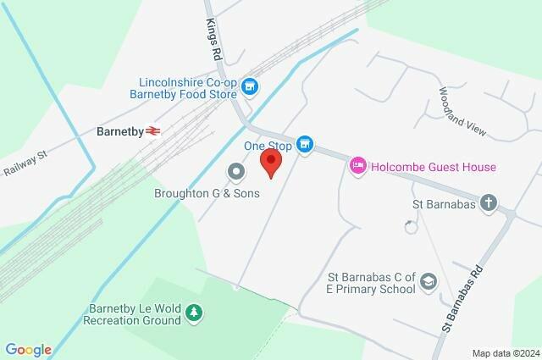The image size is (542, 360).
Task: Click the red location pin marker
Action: point(270,162)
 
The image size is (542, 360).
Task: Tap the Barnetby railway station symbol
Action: point(153,131)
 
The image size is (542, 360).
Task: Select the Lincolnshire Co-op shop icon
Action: point(249,86)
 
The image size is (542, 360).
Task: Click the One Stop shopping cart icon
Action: point(306,146)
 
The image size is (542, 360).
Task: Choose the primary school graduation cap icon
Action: point(429,281)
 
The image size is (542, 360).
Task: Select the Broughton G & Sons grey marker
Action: point(235,172)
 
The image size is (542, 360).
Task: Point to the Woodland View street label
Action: point(462,111)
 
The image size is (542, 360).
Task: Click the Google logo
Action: point(29,350)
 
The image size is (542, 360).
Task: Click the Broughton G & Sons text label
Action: point(207,193)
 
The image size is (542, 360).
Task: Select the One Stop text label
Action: point(268,146)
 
